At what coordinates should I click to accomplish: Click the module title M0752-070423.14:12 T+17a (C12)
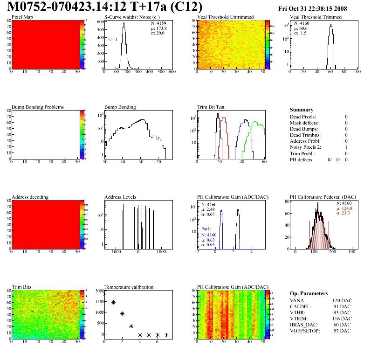coord(105,7)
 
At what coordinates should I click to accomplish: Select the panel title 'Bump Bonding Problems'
coord(38,107)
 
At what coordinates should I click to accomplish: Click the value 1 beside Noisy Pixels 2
coord(346,147)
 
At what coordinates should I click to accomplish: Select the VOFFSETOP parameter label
coord(305,331)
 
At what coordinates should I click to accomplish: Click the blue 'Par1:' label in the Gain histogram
coord(206,229)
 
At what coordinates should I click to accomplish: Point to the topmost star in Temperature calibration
coord(104,294)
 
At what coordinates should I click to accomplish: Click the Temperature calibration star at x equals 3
coord(131,326)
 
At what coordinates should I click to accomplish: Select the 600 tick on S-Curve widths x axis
coord(172,72)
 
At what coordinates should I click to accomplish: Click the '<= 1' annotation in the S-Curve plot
coord(113,40)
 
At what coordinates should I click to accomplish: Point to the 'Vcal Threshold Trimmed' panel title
coord(316,17)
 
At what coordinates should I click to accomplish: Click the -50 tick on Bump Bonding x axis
coord(104,162)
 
